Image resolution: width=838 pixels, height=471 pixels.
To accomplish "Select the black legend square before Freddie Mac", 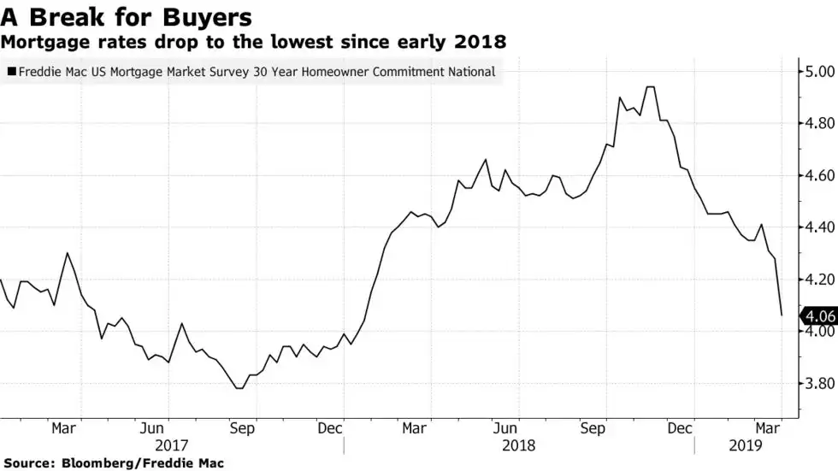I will pos(9,73).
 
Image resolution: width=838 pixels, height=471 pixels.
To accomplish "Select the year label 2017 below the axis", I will pos(171,445).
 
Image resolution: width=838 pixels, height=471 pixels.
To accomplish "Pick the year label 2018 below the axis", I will pos(519,445).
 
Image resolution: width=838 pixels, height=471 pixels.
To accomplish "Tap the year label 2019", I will pos(746,445).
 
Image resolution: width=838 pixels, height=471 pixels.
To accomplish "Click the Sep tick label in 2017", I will pos(243,428).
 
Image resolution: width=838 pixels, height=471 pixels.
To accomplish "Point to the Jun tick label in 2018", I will pos(505,428).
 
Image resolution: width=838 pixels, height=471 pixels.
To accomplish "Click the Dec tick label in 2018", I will pos(682,428).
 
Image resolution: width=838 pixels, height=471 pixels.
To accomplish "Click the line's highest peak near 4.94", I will pos(650,87).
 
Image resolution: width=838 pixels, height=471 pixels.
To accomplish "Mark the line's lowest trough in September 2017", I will pos(239,388).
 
